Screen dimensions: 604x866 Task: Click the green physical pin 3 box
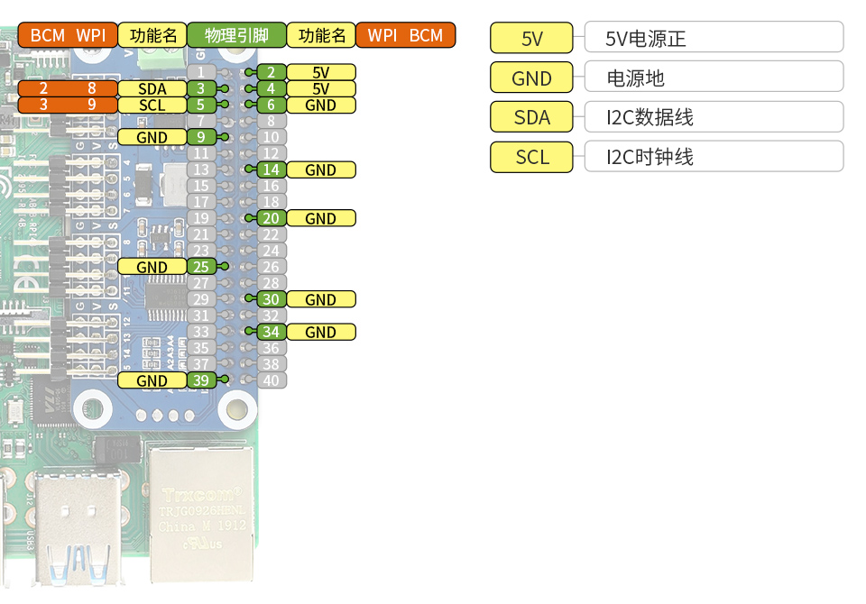[201, 89]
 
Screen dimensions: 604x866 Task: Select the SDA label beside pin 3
[152, 89]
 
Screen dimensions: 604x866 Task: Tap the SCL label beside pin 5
[152, 105]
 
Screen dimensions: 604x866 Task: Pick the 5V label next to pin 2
[320, 73]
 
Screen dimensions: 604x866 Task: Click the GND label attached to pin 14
[320, 170]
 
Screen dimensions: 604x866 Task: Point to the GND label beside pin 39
[152, 381]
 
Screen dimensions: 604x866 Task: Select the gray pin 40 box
[272, 380]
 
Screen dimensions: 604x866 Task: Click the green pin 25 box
[201, 268]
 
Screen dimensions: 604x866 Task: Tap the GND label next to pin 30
[320, 300]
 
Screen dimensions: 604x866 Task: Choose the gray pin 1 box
[201, 72]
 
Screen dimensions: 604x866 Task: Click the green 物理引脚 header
[236, 36]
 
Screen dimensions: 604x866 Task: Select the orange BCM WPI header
[68, 36]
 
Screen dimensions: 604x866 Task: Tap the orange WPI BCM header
[405, 36]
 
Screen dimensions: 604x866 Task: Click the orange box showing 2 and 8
[68, 89]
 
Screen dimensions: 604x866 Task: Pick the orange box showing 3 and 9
[68, 105]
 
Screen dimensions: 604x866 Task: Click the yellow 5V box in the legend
[531, 39]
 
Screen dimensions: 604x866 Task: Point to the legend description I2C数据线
[714, 117]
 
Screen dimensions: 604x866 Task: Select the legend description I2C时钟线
[714, 157]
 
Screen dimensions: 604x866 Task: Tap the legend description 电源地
[714, 78]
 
